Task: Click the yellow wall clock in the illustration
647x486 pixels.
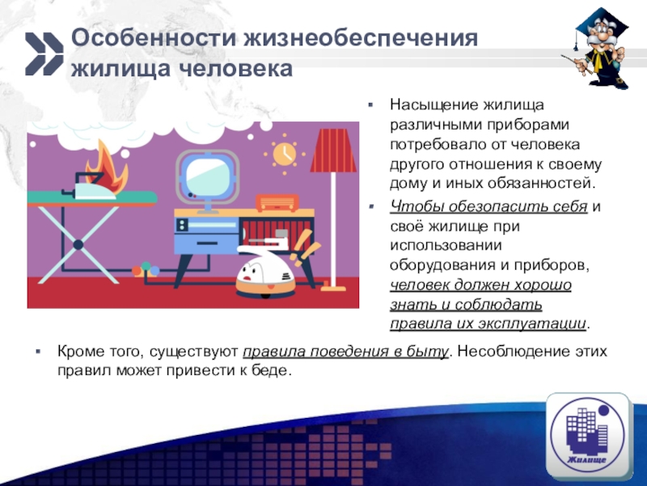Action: point(285,153)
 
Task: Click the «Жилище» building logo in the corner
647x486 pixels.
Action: point(586,434)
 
